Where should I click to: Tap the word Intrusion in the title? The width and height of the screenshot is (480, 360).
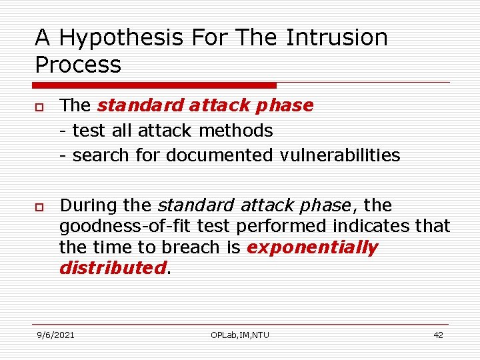[337, 38]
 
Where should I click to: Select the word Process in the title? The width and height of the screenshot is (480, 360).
[78, 65]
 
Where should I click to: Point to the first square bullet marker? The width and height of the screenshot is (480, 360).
[40, 107]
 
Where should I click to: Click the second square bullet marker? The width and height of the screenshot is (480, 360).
[40, 206]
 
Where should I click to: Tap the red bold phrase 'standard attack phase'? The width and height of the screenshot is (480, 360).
[205, 105]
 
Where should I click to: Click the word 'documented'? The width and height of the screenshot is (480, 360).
[219, 155]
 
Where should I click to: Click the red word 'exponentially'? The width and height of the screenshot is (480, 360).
[312, 247]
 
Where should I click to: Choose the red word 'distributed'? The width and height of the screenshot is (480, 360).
[111, 268]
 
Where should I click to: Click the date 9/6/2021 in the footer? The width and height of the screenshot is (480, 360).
[55, 335]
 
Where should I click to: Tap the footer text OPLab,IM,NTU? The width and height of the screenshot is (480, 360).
[240, 335]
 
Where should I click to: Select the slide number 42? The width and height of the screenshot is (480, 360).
[438, 335]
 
